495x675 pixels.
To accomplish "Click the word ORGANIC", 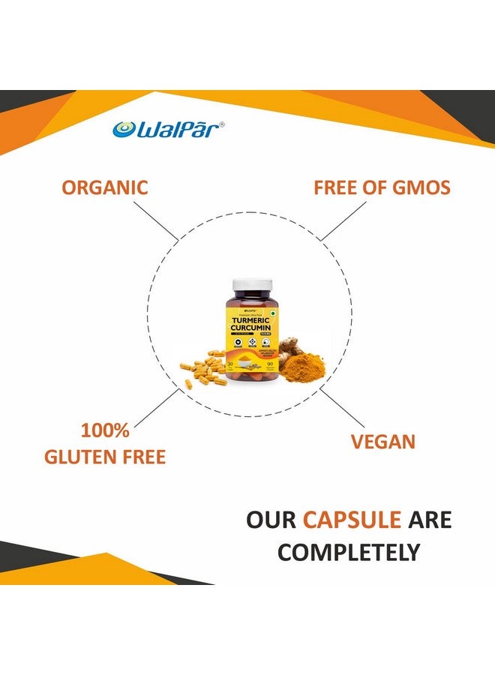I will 105,187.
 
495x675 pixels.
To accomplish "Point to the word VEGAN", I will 382,441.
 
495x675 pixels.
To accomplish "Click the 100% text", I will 105,431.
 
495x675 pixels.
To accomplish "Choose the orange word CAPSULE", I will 351,519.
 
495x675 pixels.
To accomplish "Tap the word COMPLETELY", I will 349,552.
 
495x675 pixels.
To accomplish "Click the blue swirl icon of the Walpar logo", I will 124,129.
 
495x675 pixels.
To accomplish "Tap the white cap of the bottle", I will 250,284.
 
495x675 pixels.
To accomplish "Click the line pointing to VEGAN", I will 340,409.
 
